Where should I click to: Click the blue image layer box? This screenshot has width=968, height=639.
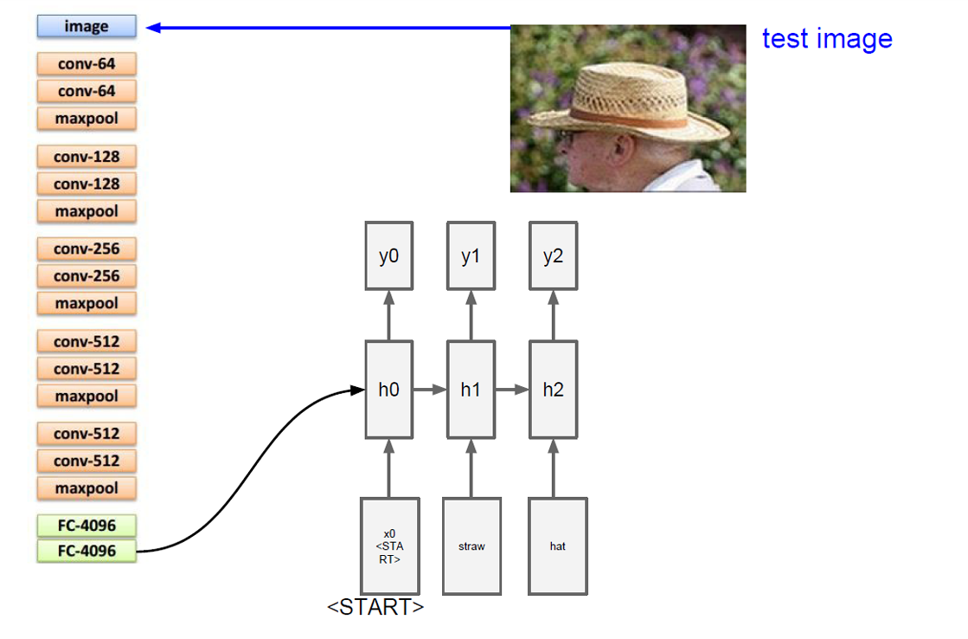[x=87, y=27]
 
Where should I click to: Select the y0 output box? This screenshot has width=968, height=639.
[x=388, y=255]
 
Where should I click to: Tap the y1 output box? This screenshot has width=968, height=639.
[x=471, y=255]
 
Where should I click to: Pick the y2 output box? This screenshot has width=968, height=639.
[x=553, y=255]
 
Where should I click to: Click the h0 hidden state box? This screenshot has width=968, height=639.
[x=388, y=390]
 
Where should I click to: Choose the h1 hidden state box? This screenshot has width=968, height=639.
[x=471, y=390]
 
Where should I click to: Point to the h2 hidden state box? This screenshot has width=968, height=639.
[x=553, y=390]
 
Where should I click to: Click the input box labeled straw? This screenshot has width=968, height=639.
[x=471, y=546]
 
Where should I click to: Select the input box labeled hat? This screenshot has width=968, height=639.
[x=558, y=546]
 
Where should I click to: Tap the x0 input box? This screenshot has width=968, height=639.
[x=389, y=546]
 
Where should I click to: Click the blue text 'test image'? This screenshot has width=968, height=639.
[x=826, y=39]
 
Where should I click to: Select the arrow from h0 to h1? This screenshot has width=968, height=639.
[x=429, y=390]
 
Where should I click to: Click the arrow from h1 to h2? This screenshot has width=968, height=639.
[x=511, y=390]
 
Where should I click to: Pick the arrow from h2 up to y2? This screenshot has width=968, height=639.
[x=553, y=315]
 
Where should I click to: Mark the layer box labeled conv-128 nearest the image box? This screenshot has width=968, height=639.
[x=87, y=157]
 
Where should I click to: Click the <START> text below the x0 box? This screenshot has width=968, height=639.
[x=375, y=607]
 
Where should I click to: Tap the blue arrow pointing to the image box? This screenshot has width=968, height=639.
[x=329, y=28]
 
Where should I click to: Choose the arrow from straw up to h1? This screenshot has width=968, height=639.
[x=471, y=468]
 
